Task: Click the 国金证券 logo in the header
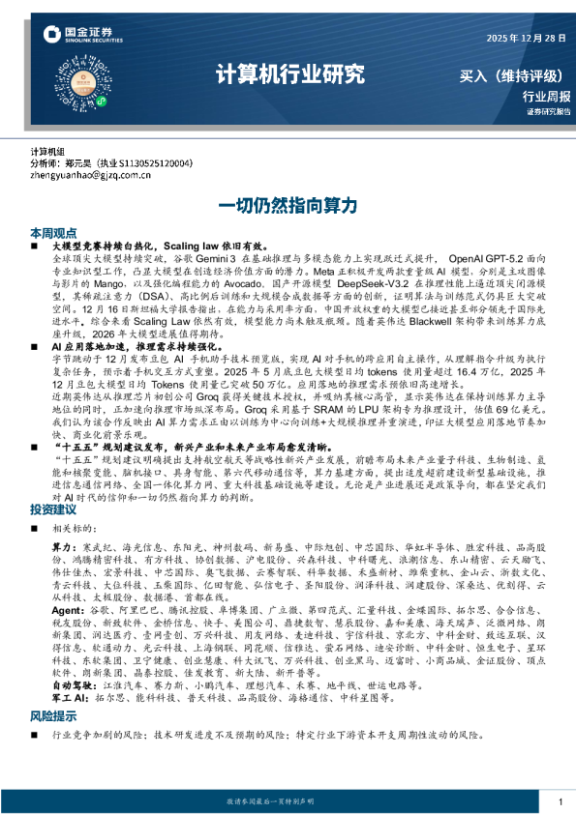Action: coord(83,35)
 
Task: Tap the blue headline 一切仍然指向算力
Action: coord(288,205)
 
